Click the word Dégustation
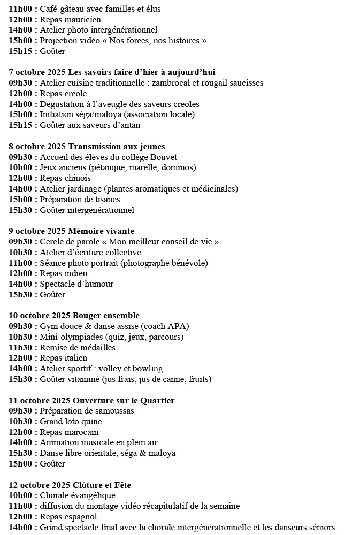[x=61, y=104]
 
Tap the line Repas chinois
[x=65, y=178]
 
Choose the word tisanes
[x=105, y=200]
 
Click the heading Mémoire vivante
[x=102, y=231]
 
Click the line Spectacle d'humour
[x=76, y=284]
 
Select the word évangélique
[x=92, y=495]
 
